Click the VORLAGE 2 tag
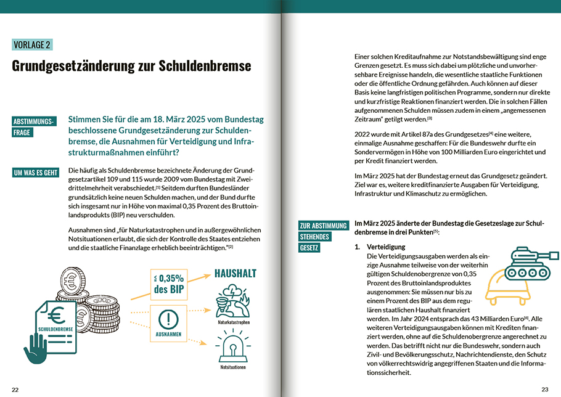click(31, 44)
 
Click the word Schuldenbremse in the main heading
click(208, 66)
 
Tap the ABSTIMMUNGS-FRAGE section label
click(35, 126)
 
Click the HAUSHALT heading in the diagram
click(235, 273)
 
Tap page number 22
click(15, 389)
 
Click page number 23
click(544, 389)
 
